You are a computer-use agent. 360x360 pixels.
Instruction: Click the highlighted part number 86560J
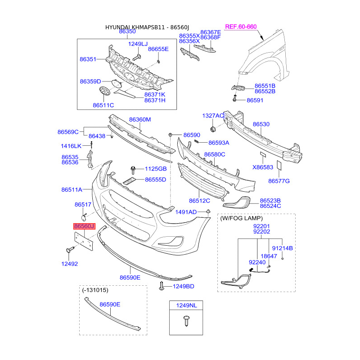pos(84,226)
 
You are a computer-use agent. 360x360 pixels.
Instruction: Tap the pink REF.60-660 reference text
pos(241,27)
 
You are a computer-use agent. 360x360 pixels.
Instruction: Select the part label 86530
pos(261,124)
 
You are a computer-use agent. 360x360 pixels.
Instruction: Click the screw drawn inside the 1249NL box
pos(186,321)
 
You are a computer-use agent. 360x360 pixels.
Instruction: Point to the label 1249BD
pos(184,286)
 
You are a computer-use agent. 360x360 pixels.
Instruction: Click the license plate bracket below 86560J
pos(84,241)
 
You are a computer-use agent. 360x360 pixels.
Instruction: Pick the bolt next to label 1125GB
pos(133,170)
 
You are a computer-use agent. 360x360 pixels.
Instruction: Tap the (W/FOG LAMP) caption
pos(241,218)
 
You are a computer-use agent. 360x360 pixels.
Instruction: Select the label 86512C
pos(199,201)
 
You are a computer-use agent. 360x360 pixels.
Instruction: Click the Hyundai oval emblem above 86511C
pos(105,91)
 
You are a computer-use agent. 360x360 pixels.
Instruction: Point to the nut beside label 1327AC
pos(212,129)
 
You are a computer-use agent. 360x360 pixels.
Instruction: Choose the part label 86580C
pos(215,154)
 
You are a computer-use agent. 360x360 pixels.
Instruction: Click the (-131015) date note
pos(95,290)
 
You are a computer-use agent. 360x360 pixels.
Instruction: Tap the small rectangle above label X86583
pos(263,154)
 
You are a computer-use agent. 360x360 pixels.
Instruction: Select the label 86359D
pos(90,81)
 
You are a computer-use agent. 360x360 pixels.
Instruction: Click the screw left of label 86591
pos(234,99)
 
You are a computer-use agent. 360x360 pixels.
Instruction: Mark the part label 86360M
pos(140,119)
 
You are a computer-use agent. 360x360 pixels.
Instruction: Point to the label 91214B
pos(283,248)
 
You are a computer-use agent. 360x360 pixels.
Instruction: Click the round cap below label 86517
pos(84,217)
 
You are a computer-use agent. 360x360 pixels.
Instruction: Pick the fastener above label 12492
pos(70,250)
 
